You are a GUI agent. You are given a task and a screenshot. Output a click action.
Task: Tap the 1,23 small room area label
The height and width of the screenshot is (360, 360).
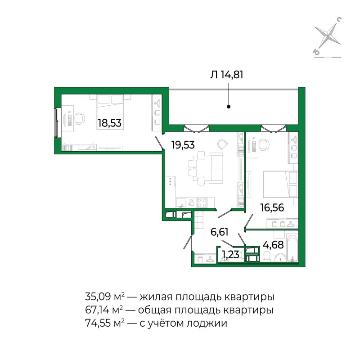click(229, 255)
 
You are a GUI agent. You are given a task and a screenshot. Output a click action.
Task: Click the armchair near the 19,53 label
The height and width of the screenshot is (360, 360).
click(222, 144)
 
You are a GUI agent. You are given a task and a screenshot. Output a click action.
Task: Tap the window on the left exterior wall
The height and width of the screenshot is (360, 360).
click(56, 122)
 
